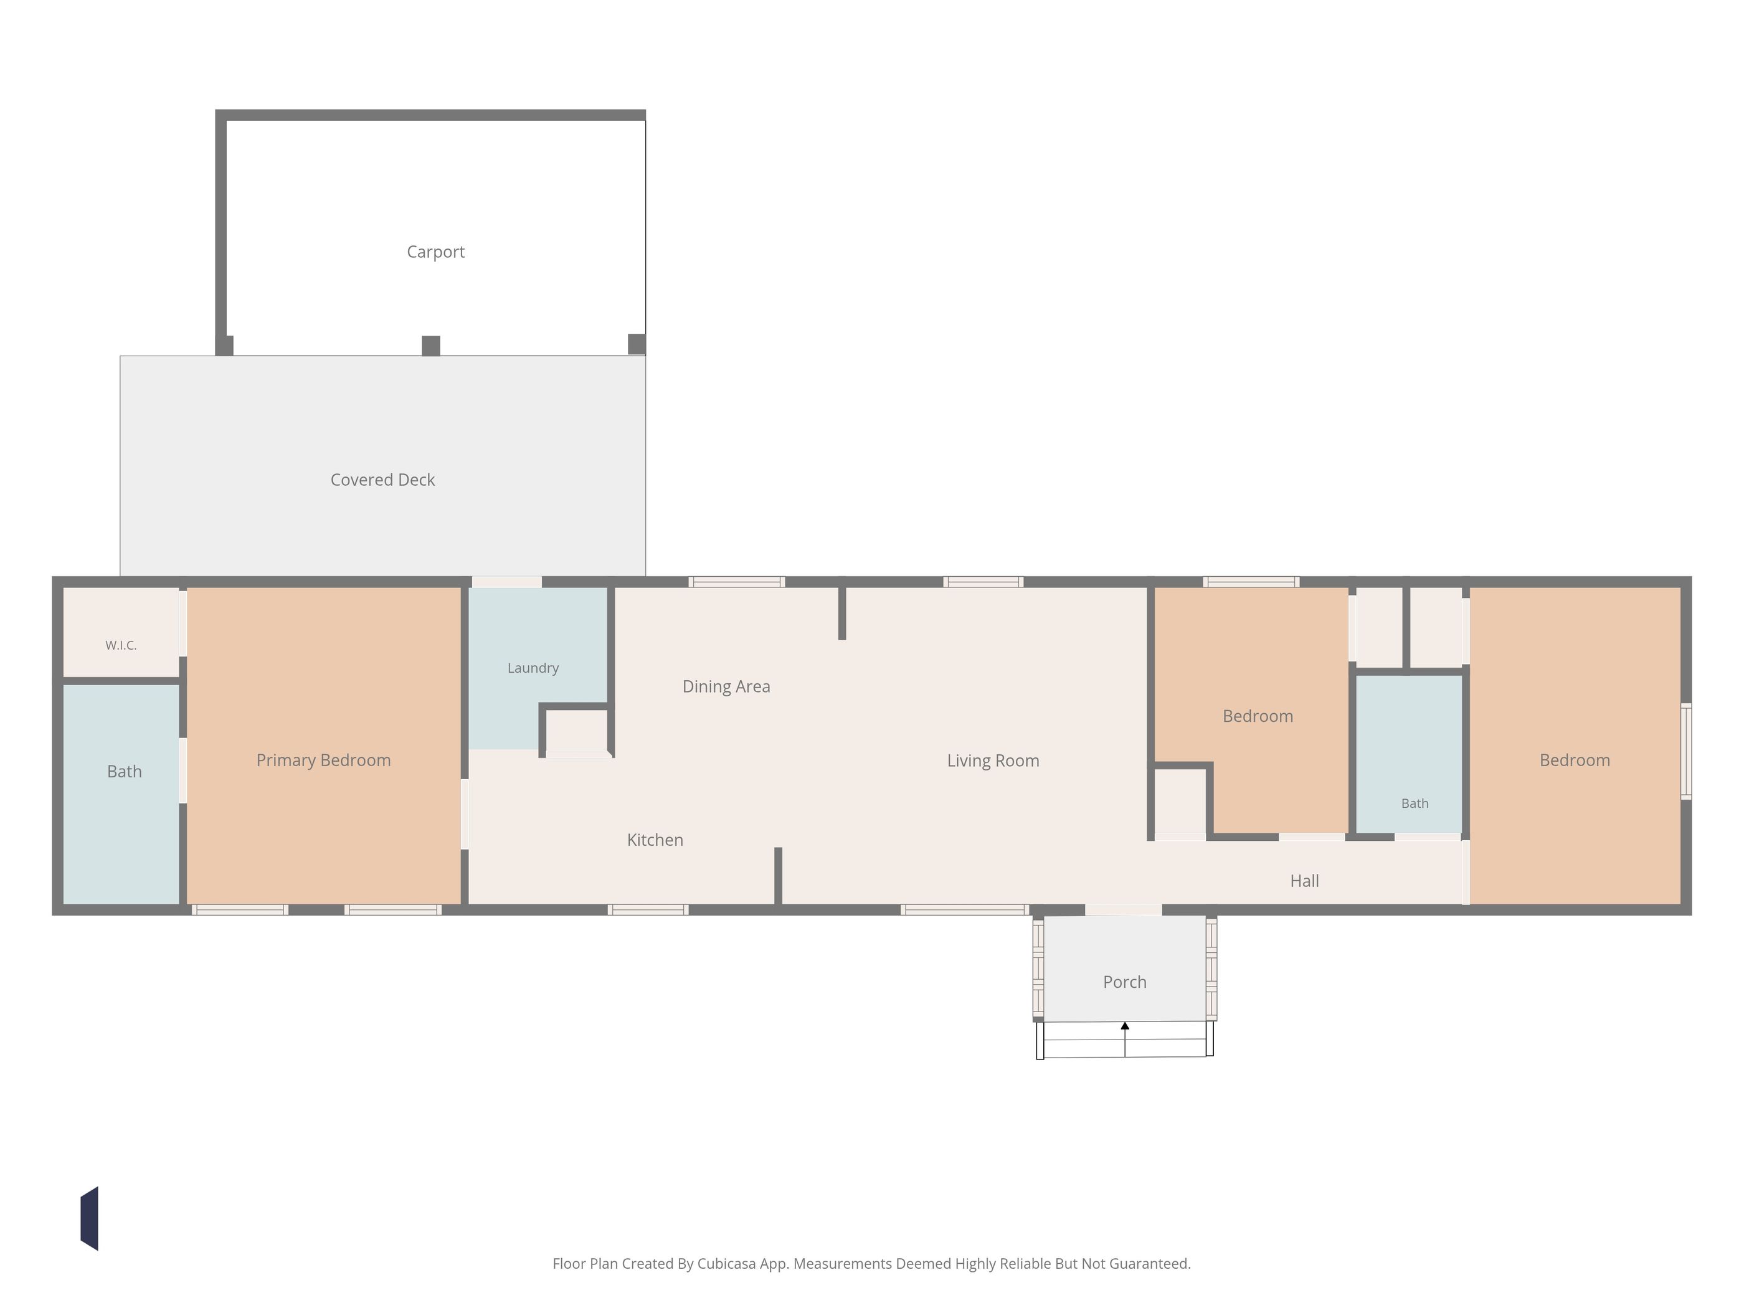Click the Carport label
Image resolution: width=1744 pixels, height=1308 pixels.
tap(435, 252)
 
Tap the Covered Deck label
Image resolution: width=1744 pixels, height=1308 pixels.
tap(382, 480)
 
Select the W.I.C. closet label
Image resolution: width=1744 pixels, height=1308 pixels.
tap(121, 645)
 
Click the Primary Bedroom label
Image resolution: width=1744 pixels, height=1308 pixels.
tap(323, 760)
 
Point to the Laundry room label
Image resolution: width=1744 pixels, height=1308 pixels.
tap(533, 668)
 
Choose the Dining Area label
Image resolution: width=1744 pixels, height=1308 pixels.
tap(726, 687)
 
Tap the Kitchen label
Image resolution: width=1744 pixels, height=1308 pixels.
tap(655, 840)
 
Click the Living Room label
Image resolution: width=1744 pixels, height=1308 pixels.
tap(993, 761)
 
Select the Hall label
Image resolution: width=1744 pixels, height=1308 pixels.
tap(1304, 881)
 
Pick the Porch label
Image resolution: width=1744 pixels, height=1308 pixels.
tap(1124, 982)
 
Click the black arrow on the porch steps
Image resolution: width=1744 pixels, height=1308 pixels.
tap(1125, 1039)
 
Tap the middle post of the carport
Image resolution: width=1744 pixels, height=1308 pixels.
tap(430, 345)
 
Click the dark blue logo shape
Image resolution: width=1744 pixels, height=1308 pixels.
tap(89, 1218)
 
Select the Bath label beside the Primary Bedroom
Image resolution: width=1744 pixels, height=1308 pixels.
tap(125, 771)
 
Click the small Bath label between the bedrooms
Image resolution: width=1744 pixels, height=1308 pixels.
tap(1415, 803)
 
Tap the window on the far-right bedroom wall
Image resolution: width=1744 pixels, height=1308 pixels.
tap(1687, 751)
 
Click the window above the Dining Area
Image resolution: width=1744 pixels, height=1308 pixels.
tap(736, 582)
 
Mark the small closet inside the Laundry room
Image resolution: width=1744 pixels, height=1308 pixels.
tap(576, 731)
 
